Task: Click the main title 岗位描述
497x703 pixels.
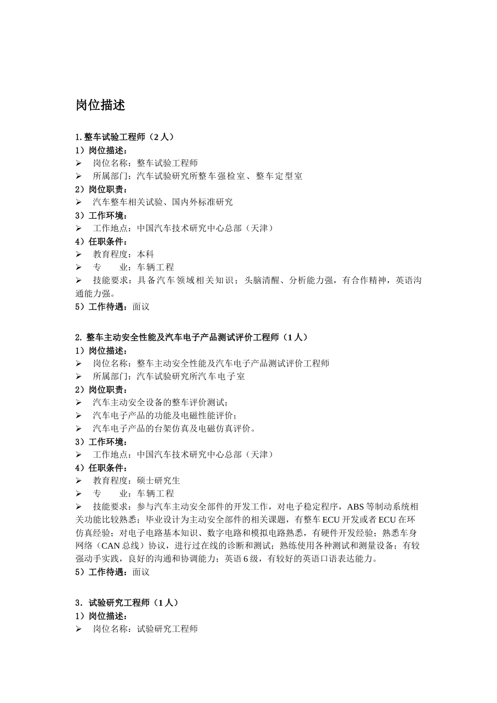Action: click(100, 105)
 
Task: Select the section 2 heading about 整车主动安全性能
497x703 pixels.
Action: click(191, 337)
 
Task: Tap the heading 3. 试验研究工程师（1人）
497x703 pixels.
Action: click(127, 603)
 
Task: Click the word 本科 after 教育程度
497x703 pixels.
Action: click(145, 254)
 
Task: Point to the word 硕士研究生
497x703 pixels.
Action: click(159, 481)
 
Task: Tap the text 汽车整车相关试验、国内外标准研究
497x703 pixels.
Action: click(163, 202)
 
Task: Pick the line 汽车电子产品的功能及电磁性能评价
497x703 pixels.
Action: click(164, 416)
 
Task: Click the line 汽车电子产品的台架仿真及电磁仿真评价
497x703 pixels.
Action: click(174, 429)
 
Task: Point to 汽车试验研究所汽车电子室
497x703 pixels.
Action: click(190, 377)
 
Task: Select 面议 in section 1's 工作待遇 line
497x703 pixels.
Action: click(141, 307)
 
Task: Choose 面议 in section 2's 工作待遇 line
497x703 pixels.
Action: click(141, 572)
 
